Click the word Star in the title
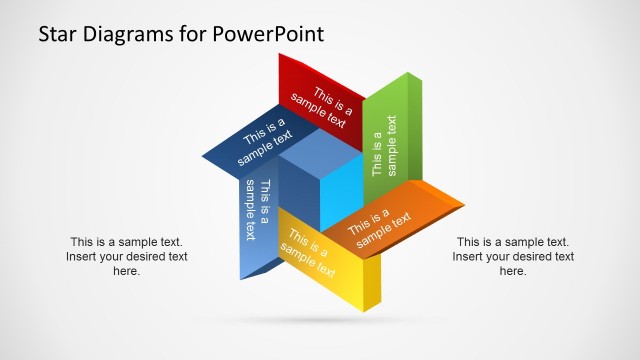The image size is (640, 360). pyautogui.click(x=58, y=35)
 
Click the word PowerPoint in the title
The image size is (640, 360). pyautogui.click(x=268, y=35)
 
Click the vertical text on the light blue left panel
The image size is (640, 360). pyautogui.click(x=257, y=209)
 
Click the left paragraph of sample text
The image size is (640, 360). pyautogui.click(x=127, y=256)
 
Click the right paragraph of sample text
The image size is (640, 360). pyautogui.click(x=513, y=256)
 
